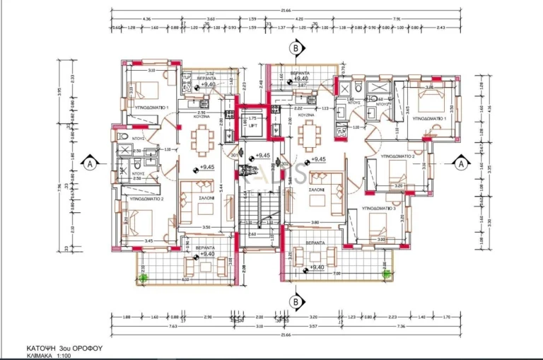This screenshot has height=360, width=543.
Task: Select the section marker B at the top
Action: tap(295, 48)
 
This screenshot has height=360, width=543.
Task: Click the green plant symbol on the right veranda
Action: tap(384, 274)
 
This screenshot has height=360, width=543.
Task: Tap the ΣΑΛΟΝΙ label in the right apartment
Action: tap(316, 190)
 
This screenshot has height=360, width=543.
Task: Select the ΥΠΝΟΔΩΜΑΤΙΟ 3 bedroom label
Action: tap(378, 209)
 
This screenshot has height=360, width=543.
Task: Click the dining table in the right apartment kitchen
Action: tap(308, 134)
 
